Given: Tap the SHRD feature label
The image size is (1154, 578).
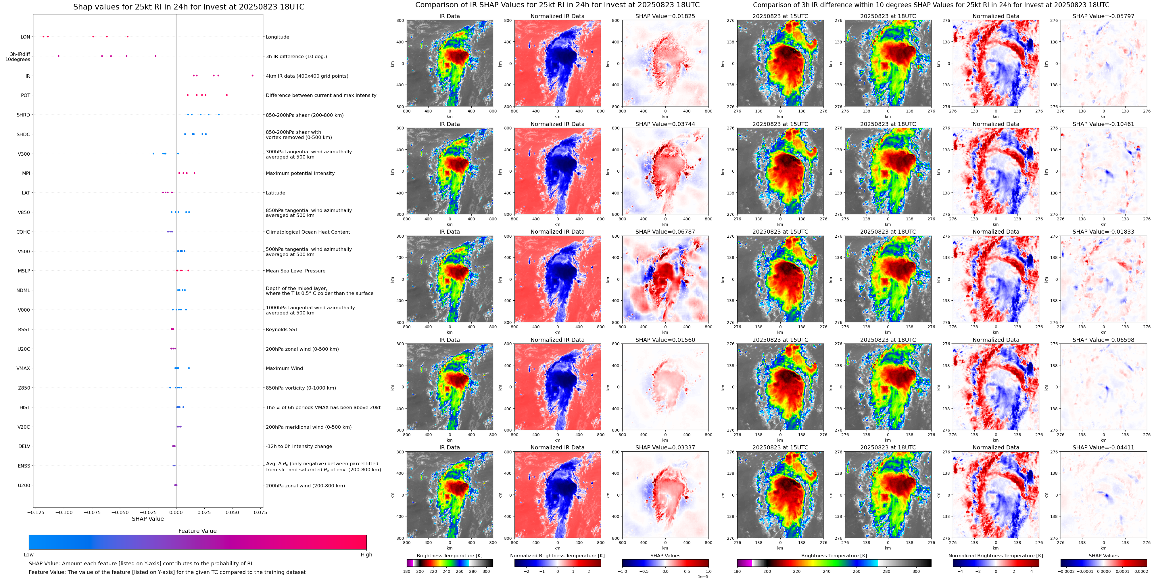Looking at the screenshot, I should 23,115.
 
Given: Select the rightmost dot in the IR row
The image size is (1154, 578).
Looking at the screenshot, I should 252,75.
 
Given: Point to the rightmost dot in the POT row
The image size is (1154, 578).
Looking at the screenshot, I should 227,95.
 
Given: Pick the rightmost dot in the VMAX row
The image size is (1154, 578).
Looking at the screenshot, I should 189,368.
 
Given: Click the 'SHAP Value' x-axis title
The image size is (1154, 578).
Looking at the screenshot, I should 148,519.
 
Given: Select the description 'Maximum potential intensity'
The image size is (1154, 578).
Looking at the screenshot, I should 300,173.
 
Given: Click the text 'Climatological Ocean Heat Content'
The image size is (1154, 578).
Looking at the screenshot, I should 308,232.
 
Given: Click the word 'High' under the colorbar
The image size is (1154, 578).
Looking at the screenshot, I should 366,555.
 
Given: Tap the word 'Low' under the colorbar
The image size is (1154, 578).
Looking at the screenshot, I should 29,555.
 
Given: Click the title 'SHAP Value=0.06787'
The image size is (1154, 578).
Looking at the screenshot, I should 665,232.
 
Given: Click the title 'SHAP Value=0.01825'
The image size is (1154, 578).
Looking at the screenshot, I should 665,16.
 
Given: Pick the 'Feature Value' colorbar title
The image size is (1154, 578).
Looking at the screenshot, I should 197,531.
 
